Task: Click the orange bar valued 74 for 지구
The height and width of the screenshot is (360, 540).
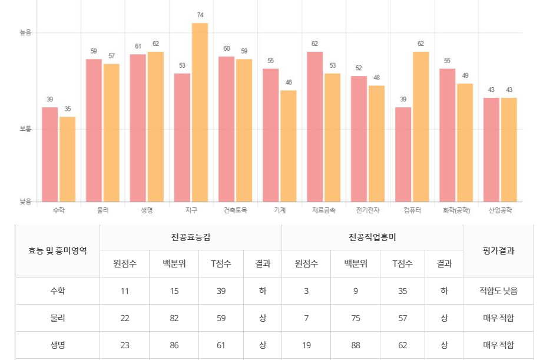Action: pyautogui.click(x=200, y=112)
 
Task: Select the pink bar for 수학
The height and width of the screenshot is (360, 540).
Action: pyautogui.click(x=50, y=154)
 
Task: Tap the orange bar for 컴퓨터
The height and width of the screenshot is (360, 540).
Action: pyautogui.click(x=420, y=127)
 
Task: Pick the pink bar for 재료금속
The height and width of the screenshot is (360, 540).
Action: pyautogui.click(x=315, y=127)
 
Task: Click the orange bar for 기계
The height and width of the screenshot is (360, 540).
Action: pyautogui.click(x=288, y=146)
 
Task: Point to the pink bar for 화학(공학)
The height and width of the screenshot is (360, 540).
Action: pyautogui.click(x=448, y=135)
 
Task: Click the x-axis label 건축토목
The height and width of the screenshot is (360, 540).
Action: pyautogui.click(x=236, y=210)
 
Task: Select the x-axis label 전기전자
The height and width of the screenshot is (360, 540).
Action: pyautogui.click(x=368, y=210)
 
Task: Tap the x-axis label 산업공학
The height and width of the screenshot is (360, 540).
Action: pyautogui.click(x=501, y=210)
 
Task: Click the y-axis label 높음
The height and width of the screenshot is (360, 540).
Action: pyautogui.click(x=25, y=33)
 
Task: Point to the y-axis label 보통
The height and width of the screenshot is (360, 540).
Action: pyautogui.click(x=25, y=128)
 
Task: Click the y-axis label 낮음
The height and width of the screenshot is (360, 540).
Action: pyautogui.click(x=25, y=202)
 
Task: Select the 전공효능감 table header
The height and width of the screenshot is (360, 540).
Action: pyautogui.click(x=191, y=237)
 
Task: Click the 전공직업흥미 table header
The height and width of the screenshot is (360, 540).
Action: pyautogui.click(x=372, y=237)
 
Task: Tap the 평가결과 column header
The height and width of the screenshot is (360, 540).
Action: pyautogui.click(x=498, y=250)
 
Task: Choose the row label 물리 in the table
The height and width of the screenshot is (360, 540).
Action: pyautogui.click(x=58, y=318)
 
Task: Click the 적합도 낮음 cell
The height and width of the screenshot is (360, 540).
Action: pyautogui.click(x=498, y=291)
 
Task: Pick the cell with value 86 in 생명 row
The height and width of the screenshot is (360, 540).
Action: pyautogui.click(x=174, y=345)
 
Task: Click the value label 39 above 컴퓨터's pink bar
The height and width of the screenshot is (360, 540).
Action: pyautogui.click(x=403, y=100)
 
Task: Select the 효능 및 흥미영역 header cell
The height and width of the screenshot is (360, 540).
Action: pyautogui.click(x=58, y=250)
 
